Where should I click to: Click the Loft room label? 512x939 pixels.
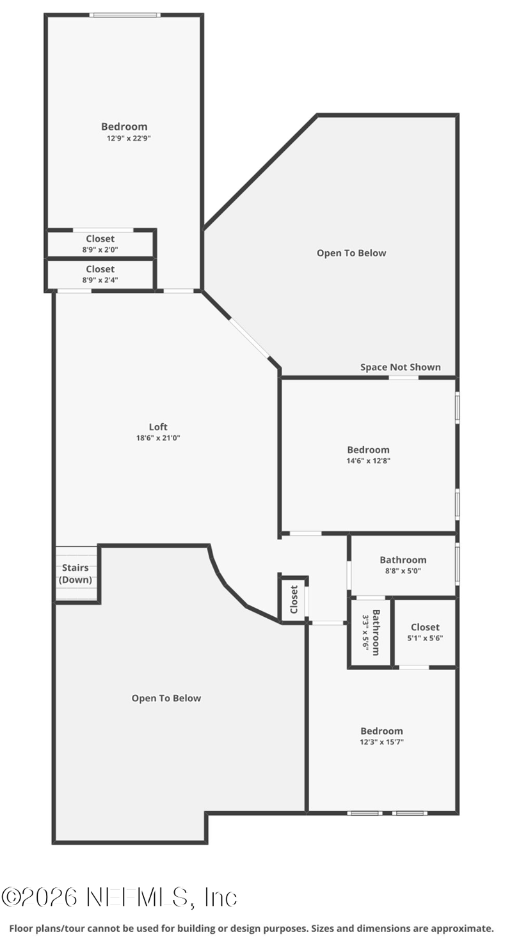click(158, 427)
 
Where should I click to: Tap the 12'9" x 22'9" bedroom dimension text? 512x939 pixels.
click(129, 137)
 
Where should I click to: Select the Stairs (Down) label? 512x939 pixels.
click(76, 574)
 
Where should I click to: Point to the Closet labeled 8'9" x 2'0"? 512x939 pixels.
click(100, 244)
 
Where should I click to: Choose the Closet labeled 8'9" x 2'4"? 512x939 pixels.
click(100, 274)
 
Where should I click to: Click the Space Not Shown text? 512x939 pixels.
click(400, 367)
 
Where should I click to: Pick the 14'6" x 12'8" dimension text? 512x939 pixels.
click(368, 460)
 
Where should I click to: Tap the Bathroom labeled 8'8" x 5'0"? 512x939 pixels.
click(403, 565)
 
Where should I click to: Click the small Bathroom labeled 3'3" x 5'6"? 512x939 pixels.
click(371, 632)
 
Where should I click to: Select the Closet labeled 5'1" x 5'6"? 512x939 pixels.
click(425, 632)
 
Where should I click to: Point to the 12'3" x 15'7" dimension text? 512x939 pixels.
click(381, 742)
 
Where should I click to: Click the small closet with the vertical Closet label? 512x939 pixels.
click(294, 599)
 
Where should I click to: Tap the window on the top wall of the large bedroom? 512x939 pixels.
click(125, 15)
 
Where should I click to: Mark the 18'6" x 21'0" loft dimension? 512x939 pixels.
click(158, 438)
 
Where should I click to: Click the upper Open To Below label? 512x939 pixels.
click(351, 253)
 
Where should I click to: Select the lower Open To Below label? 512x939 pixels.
click(166, 698)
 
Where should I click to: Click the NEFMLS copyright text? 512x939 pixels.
click(120, 897)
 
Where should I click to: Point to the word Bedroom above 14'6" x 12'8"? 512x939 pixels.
click(368, 450)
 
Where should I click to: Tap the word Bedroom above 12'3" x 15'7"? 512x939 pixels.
click(381, 731)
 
